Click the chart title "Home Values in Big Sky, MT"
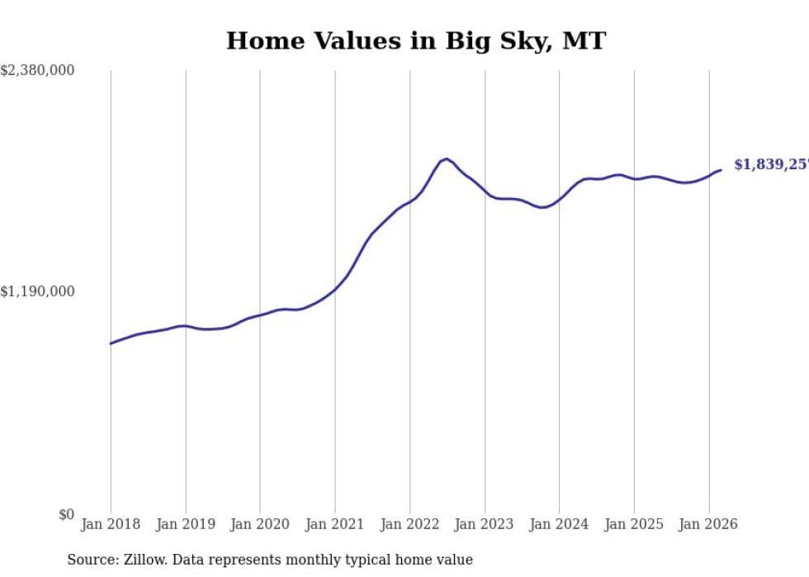click(x=416, y=40)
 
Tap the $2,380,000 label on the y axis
click(x=38, y=71)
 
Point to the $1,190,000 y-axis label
click(x=38, y=291)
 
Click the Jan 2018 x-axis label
click(x=111, y=524)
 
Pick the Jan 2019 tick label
click(x=186, y=524)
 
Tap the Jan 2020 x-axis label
click(x=260, y=524)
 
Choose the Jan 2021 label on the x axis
click(x=335, y=524)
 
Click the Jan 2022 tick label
click(x=409, y=524)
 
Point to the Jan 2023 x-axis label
click(x=485, y=524)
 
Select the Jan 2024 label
click(x=559, y=524)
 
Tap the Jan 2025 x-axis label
click(x=634, y=524)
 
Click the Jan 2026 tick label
click(x=708, y=524)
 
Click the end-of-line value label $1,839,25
click(x=771, y=164)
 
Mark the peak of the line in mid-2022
click(x=446, y=158)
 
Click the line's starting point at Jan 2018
click(x=111, y=343)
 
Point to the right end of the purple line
click(x=721, y=170)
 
